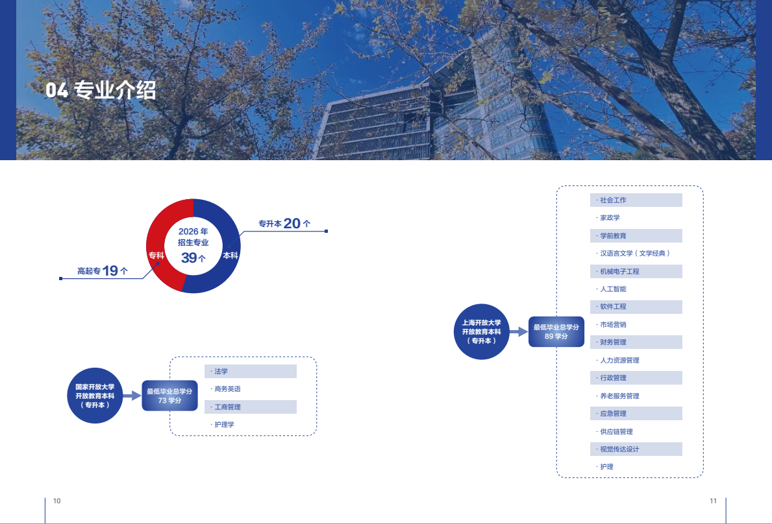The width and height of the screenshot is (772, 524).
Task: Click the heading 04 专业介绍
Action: [x=101, y=90]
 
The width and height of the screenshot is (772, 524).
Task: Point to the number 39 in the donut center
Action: [x=190, y=258]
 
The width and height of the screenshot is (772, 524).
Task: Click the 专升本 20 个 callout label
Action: [x=284, y=224]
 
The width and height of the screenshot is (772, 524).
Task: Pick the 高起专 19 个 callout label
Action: [x=102, y=271]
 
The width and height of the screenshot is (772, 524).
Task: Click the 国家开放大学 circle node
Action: [x=95, y=396]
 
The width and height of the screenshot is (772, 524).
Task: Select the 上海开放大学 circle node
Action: [x=481, y=331]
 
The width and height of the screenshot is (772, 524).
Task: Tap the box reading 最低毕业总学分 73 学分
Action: [x=169, y=396]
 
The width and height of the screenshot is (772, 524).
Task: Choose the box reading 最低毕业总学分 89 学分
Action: [x=556, y=332]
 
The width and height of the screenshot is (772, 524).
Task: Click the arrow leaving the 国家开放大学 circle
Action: [x=132, y=396]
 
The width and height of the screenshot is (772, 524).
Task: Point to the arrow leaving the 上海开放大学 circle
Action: [x=518, y=331]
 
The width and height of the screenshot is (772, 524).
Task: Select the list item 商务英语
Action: [x=227, y=389]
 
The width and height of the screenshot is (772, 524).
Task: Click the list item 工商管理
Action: [x=227, y=407]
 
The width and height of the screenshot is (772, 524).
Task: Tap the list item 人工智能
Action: [x=613, y=289]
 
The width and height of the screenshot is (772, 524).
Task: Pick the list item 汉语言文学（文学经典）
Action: [x=634, y=254]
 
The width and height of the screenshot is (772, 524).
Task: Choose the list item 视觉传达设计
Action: [x=619, y=449]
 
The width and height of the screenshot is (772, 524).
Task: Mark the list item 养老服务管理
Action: [x=619, y=396]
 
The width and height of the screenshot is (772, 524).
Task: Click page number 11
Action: [x=713, y=501]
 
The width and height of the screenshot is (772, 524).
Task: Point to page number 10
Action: [x=56, y=501]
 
